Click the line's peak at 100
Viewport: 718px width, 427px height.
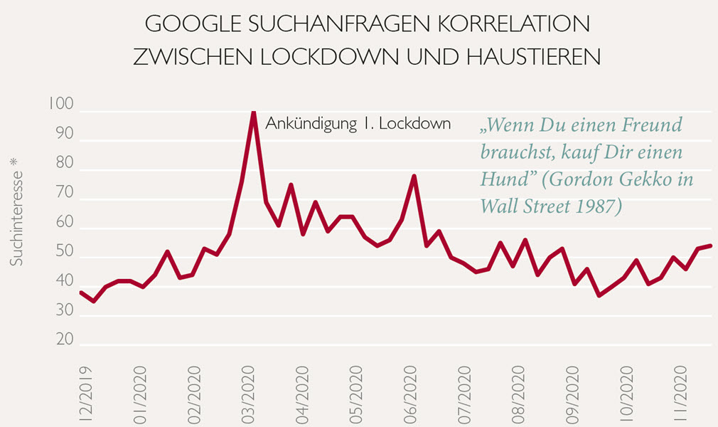tap(253, 112)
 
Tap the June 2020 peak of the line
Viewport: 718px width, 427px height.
tap(414, 176)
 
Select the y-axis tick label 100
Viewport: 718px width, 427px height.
tap(61, 104)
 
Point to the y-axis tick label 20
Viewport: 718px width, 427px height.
tap(65, 339)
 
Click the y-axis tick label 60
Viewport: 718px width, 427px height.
tap(65, 222)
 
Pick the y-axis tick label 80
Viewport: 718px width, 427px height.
tap(65, 163)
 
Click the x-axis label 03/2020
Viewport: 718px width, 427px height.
tap(247, 395)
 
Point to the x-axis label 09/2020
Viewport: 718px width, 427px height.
tap(572, 395)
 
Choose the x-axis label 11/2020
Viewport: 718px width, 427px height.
tap(680, 394)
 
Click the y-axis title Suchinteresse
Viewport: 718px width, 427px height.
tap(16, 218)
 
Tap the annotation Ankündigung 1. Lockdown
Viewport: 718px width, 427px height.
tap(358, 124)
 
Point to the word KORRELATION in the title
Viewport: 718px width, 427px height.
tap(514, 24)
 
